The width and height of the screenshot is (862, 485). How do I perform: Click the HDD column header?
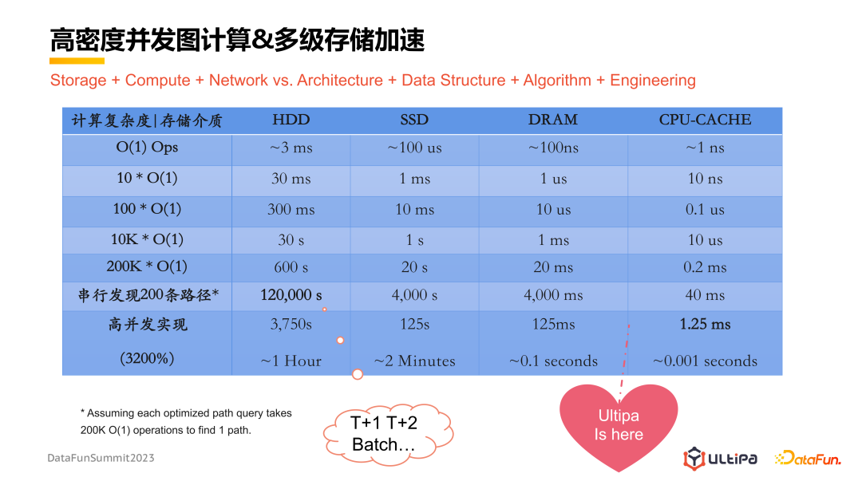tap(291, 120)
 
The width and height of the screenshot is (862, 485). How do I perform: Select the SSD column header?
tap(414, 120)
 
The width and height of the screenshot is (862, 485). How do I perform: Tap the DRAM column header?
tap(552, 120)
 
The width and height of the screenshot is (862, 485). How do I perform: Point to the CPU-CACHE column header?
tap(705, 120)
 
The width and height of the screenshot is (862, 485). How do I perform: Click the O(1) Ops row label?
tap(147, 148)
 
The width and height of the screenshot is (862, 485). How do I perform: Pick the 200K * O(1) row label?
tap(147, 266)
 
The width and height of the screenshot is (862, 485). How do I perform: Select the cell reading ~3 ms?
tap(291, 148)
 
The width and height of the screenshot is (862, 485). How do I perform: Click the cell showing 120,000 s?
tap(291, 295)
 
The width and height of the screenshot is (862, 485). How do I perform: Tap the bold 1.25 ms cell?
tap(705, 324)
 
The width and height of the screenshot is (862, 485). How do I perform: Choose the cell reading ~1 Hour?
tap(291, 361)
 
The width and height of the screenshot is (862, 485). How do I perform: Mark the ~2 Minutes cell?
tap(414, 361)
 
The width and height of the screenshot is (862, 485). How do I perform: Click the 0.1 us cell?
tap(705, 209)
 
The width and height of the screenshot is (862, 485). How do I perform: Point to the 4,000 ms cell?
tap(553, 295)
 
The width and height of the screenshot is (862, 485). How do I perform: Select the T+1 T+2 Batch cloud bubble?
tap(388, 435)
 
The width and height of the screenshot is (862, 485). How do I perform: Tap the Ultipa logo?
tap(720, 458)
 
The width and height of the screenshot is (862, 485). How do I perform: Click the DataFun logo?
tap(808, 458)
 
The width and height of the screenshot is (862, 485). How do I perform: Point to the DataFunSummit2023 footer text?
tap(101, 458)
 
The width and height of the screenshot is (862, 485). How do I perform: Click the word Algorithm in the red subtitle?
tap(557, 81)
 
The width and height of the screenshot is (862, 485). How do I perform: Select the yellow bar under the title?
tap(77, 61)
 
